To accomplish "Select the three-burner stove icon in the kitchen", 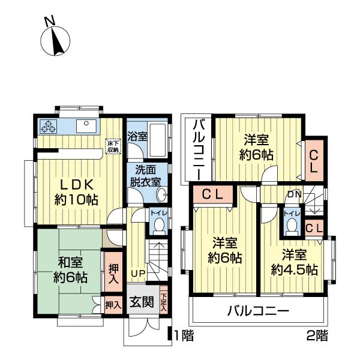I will pyautogui.click(x=48, y=127).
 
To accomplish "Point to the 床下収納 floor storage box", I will pyautogui.click(x=113, y=146).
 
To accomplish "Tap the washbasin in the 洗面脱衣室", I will pyautogui.click(x=161, y=195).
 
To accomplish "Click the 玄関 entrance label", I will pyautogui.click(x=142, y=302).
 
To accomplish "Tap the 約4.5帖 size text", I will pyautogui.click(x=294, y=270).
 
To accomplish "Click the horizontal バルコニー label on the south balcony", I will pyautogui.click(x=258, y=311).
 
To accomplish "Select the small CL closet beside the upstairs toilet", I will pyautogui.click(x=313, y=227).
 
